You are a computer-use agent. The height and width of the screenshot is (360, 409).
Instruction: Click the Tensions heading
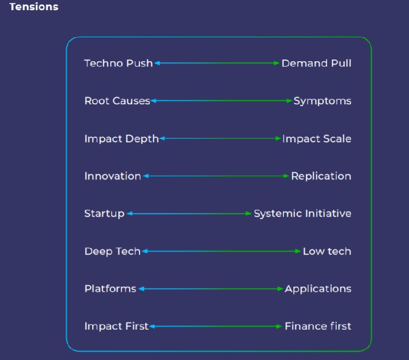coord(34,7)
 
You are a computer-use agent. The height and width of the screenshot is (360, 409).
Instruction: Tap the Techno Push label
coord(118,63)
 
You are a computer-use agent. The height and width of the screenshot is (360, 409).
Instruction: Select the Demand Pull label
coord(316,63)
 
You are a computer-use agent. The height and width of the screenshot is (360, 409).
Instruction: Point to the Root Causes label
coord(117,101)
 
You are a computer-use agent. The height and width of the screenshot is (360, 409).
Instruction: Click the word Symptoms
coord(322,101)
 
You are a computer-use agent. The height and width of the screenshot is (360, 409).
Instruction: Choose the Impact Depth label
coord(121,139)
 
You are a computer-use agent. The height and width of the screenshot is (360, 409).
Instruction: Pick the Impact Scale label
coord(317,139)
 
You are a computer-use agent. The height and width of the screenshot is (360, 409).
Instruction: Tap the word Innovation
coord(113,176)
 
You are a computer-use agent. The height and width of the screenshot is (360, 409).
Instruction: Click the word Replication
coord(321,176)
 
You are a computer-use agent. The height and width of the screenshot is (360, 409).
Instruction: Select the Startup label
coord(104,214)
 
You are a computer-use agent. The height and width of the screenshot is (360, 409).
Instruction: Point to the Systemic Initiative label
coord(302,214)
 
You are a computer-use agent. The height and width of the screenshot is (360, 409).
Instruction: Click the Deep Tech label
coord(112,251)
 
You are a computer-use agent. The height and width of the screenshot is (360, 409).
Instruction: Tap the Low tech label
coord(327,251)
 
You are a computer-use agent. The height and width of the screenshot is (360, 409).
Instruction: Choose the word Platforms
coord(110,289)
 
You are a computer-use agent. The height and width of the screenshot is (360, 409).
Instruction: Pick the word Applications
coord(318,289)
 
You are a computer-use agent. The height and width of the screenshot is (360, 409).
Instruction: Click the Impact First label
coord(116,326)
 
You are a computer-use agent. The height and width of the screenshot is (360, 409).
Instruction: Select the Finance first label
coord(318,326)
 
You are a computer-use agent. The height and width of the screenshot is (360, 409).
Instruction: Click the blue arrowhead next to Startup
coord(129,214)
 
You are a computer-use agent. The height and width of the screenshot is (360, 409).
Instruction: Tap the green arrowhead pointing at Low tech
coord(298,251)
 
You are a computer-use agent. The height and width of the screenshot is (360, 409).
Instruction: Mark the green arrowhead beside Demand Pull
coord(276,63)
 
